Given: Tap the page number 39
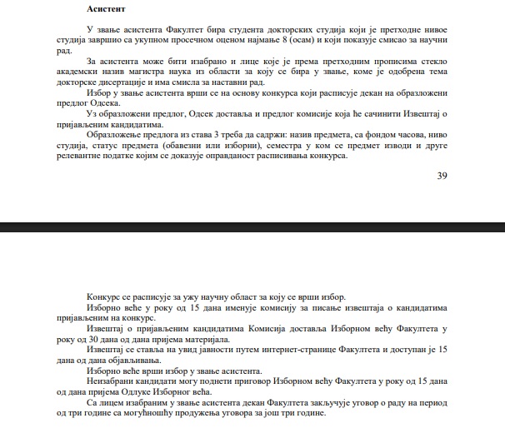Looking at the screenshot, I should pyautogui.click(x=442, y=176).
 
